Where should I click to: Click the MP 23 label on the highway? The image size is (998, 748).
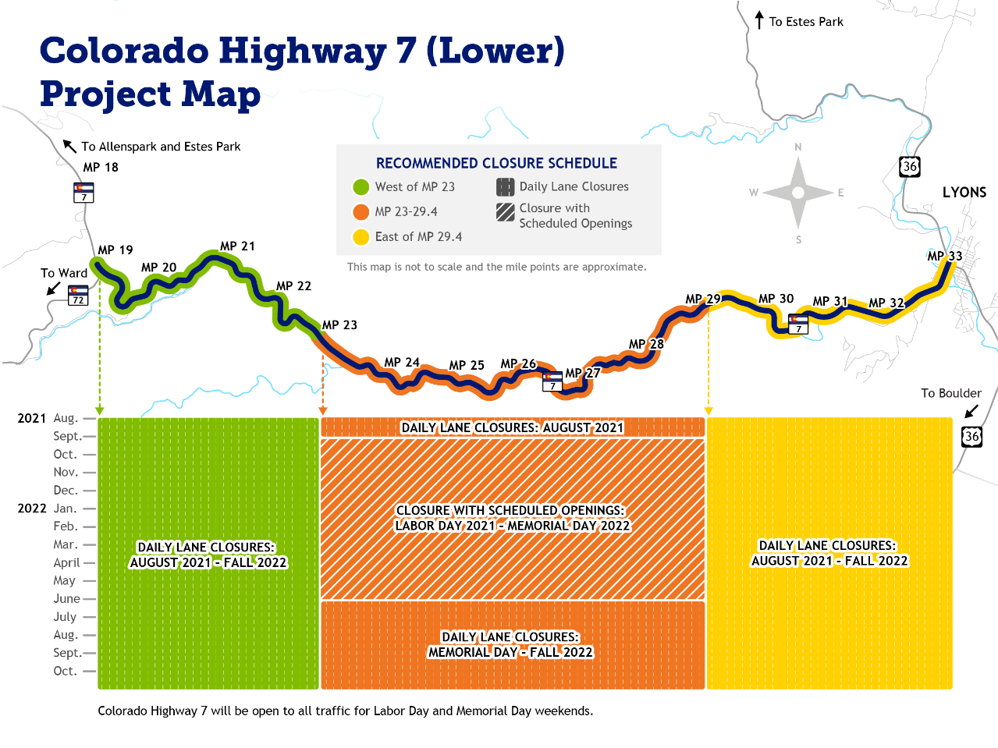[x=339, y=325]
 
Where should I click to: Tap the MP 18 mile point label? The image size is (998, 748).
[x=101, y=168]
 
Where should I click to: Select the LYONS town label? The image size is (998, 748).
[x=964, y=193]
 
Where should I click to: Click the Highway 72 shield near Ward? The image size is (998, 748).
[x=78, y=296]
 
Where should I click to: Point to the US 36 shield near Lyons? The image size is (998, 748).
[x=909, y=166]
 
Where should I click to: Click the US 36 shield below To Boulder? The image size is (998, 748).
[x=971, y=437]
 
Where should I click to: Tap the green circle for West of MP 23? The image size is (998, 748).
[x=360, y=187]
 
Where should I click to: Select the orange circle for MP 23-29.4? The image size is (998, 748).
[x=360, y=212]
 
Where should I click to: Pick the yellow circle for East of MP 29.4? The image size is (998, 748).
[x=360, y=237]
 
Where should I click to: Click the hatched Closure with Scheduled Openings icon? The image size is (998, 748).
[x=506, y=211]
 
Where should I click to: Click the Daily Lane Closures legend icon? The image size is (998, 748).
[x=506, y=187]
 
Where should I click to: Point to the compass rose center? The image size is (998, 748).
[x=797, y=193]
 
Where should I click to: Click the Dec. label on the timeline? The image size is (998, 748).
[x=66, y=491]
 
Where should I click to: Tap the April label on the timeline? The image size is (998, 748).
[x=66, y=563]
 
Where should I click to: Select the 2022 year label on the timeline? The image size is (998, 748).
[x=32, y=509]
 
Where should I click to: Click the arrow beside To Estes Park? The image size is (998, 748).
[x=759, y=20]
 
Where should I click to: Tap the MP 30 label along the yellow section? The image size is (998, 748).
[x=776, y=299]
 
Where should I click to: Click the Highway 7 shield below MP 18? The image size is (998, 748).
[x=83, y=192]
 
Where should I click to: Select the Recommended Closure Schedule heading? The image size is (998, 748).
[x=496, y=164]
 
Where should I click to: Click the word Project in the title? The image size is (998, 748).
[x=106, y=94]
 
